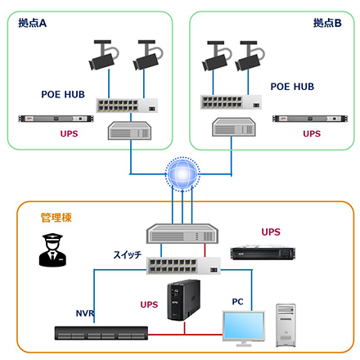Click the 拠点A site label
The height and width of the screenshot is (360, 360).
coord(32,23)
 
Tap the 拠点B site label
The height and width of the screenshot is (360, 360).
coord(327,23)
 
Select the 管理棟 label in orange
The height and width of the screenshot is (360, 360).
coord(56,218)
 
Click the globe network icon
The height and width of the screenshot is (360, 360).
coord(182,174)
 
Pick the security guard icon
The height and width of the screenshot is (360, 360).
coord(52,250)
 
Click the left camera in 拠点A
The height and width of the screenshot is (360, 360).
coord(104,55)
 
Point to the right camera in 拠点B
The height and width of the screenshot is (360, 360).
coord(250,56)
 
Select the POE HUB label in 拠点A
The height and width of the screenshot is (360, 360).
coord(63,94)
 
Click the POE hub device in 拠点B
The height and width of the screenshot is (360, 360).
coord(231,102)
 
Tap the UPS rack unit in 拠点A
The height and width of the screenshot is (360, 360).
coord(56,119)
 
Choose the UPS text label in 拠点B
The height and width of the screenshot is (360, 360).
coord(312,133)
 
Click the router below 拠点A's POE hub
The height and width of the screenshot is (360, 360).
coord(129,131)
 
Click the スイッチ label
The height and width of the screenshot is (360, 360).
coord(128,254)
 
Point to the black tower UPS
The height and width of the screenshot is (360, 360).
coord(183,300)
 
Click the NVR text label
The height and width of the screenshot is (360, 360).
coord(85,313)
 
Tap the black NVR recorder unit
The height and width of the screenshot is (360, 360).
coord(101,333)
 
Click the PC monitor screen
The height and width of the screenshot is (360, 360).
coord(244,326)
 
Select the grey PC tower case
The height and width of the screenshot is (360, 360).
coord(286,325)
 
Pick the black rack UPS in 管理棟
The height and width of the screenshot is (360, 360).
coord(263,254)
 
